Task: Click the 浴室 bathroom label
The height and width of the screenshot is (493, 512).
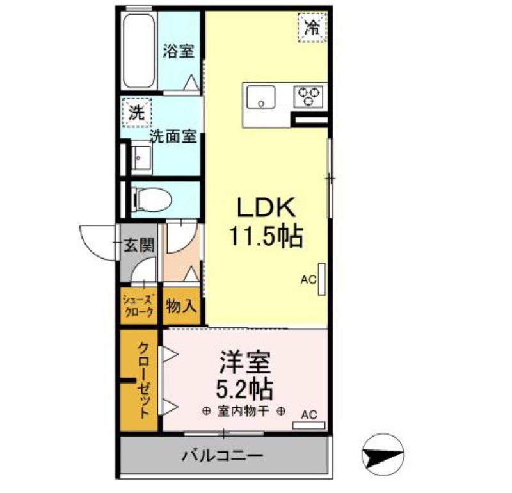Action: point(178,51)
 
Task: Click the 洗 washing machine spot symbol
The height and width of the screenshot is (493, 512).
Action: point(136,113)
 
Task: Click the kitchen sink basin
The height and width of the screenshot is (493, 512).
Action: point(260,99)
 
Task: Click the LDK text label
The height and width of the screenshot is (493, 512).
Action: point(266,208)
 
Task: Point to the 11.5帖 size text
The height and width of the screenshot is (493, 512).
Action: point(266,238)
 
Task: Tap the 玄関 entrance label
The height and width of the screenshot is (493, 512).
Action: point(139,245)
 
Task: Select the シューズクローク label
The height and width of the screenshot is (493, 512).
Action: point(138,306)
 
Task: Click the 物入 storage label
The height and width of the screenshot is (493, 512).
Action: point(180,306)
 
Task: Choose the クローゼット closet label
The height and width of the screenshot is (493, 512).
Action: point(145,380)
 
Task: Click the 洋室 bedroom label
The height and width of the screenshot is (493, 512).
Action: point(246,362)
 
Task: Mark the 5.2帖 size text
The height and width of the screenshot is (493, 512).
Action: point(246,389)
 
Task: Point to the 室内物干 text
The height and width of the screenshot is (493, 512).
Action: point(243,411)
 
